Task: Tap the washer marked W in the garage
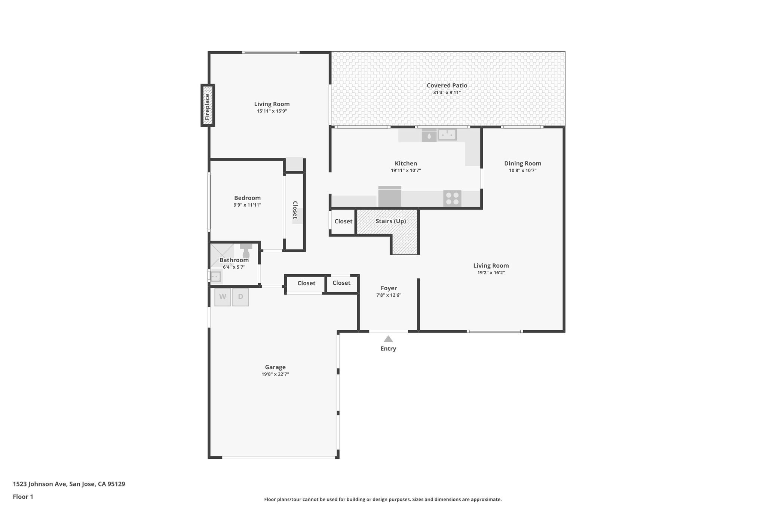click(223, 297)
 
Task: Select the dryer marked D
click(240, 297)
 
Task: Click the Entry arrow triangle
click(388, 339)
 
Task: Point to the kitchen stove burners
click(452, 198)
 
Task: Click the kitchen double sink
click(447, 135)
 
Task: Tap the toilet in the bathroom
click(246, 251)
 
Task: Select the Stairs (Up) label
click(390, 221)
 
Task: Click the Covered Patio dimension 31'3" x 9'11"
click(447, 92)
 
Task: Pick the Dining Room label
click(523, 163)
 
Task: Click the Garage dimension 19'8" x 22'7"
click(275, 374)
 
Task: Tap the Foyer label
click(389, 288)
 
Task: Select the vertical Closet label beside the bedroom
click(295, 210)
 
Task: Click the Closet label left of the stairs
click(343, 221)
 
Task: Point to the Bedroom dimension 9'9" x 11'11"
click(247, 205)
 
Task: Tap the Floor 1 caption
click(23, 497)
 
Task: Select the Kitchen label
click(406, 163)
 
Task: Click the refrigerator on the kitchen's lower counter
click(389, 197)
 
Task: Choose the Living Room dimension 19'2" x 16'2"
click(491, 272)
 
